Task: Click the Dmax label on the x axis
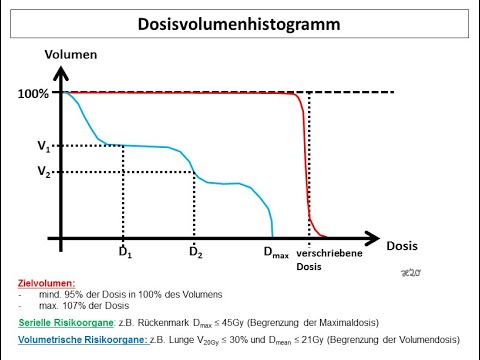coord(278,254)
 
